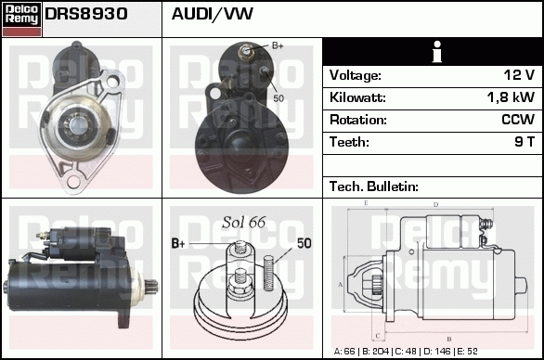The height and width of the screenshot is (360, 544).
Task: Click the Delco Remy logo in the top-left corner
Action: tap(21, 18)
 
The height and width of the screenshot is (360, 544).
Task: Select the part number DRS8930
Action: tap(86, 15)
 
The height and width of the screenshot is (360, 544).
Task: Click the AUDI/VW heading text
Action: tap(213, 15)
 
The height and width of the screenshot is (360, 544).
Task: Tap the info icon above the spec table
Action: tap(432, 52)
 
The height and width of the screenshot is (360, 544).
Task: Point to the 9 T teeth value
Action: tap(525, 142)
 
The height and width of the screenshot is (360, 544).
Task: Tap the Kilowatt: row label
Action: tap(357, 97)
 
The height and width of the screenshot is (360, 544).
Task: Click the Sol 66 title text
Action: tap(244, 221)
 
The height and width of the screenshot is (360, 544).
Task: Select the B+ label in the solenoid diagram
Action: tap(179, 243)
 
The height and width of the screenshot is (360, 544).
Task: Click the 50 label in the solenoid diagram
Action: tap(304, 243)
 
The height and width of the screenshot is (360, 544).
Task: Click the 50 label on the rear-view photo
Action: tap(278, 97)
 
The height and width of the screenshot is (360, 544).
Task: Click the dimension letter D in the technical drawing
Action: tap(435, 204)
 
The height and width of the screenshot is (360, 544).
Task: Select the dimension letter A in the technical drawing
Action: tap(341, 284)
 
